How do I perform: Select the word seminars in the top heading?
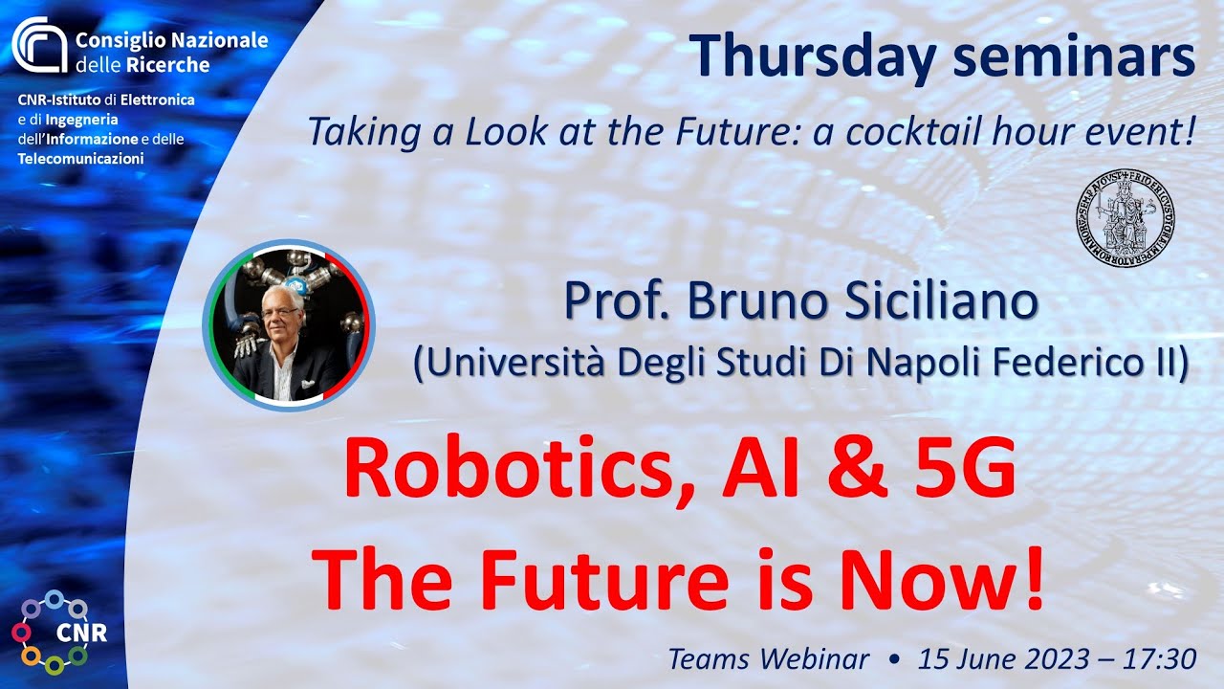coord(1075,56)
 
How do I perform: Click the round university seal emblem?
coord(1126,217)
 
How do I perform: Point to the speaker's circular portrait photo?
coord(289,324)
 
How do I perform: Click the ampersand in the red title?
coord(858,469)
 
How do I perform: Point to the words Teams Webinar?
coord(769,659)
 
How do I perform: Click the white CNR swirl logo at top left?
coord(39,45)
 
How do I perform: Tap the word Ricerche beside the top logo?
coord(167,65)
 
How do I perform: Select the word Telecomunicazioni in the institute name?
coord(81,159)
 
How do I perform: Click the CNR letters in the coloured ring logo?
coord(81,633)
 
